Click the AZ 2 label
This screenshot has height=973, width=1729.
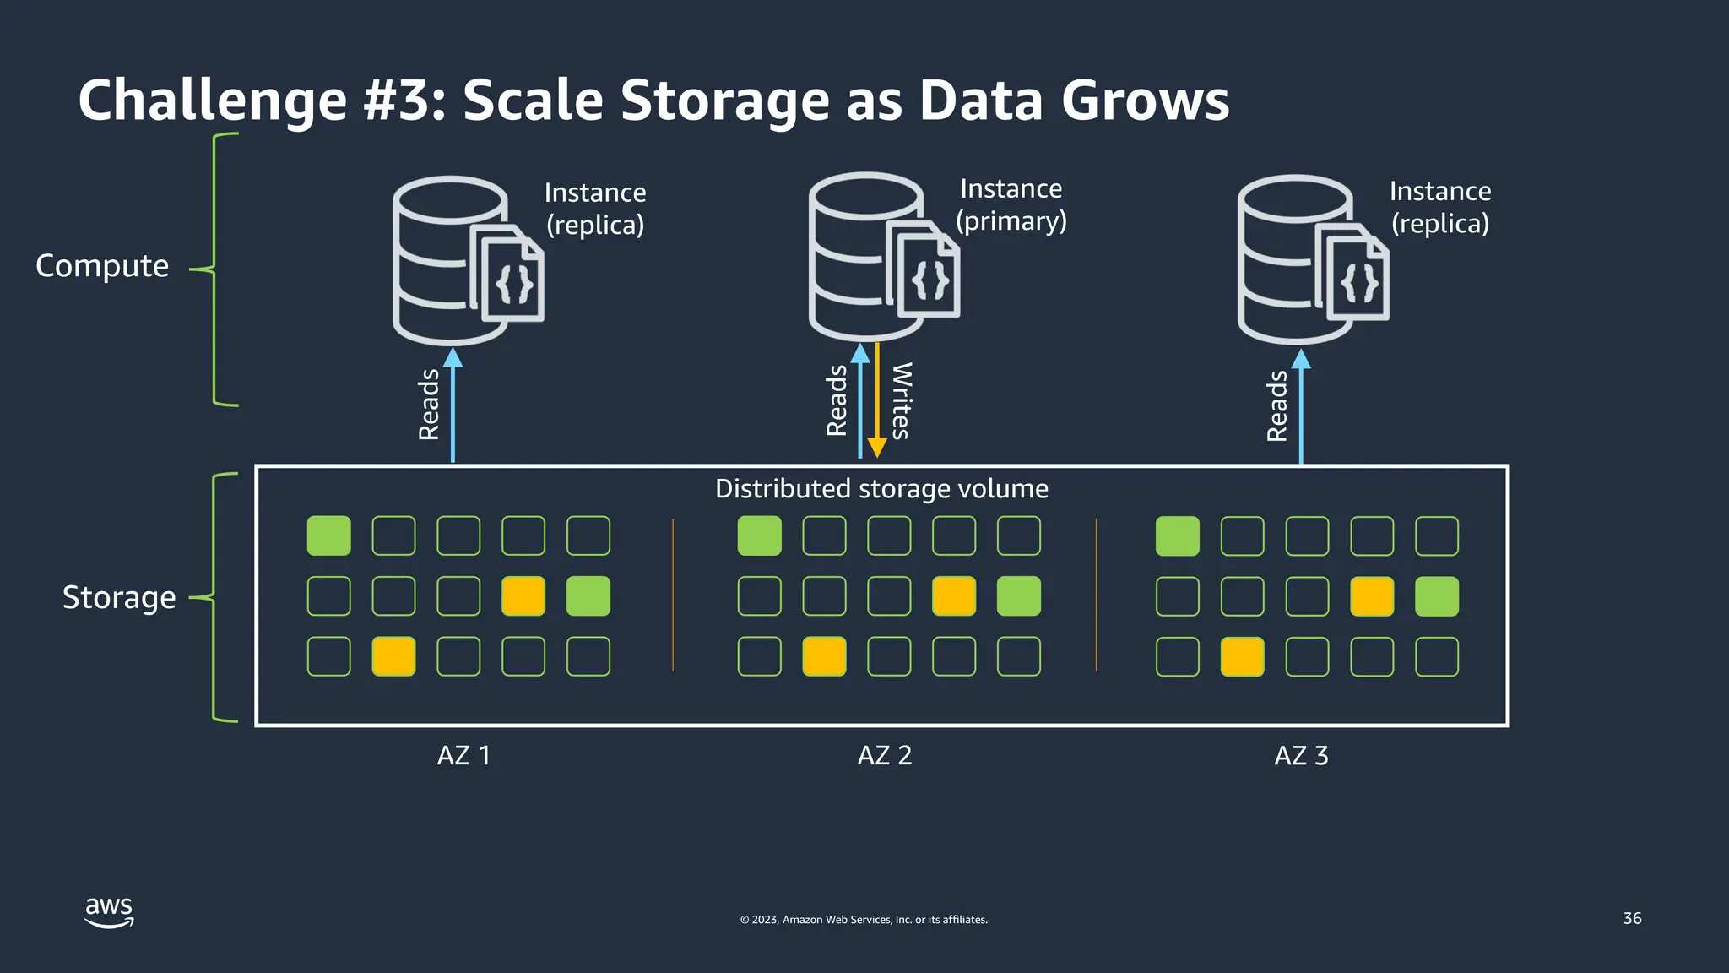click(x=885, y=755)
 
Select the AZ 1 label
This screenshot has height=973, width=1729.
click(x=463, y=755)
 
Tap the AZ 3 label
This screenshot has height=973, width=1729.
click(x=1301, y=755)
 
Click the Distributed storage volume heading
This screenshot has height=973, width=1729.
click(x=881, y=489)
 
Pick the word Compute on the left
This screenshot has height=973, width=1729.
click(x=102, y=266)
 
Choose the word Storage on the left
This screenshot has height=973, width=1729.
click(x=119, y=598)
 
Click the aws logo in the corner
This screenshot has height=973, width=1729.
click(x=109, y=912)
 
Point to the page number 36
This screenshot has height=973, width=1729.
click(x=1632, y=918)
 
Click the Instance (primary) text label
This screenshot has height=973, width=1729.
click(x=1011, y=204)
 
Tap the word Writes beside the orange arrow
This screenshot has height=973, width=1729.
click(x=902, y=401)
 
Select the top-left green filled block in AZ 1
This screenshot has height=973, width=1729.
click(x=328, y=536)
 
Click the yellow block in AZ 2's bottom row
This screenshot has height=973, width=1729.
click(x=824, y=657)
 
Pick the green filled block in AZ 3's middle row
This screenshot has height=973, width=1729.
click(x=1436, y=596)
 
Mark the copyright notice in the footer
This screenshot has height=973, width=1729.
click(x=864, y=920)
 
